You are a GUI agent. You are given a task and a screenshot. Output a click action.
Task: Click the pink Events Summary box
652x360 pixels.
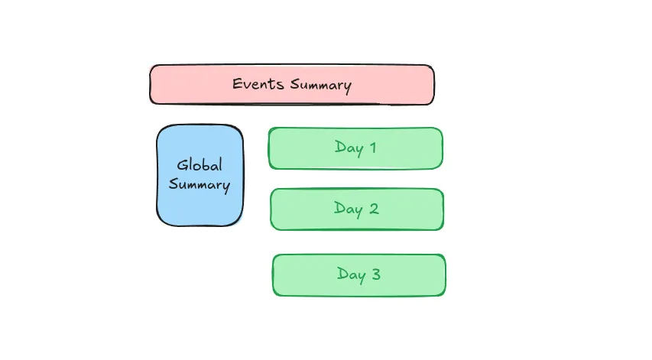point(292,85)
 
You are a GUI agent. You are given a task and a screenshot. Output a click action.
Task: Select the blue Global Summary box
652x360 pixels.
point(200,176)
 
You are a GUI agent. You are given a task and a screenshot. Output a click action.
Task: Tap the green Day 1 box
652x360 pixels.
point(355,148)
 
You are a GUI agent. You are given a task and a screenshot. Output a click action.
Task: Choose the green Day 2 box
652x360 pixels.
point(357,209)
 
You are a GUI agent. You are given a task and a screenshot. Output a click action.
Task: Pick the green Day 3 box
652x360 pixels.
point(358,275)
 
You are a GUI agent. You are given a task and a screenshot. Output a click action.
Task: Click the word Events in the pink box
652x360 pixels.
point(258,83)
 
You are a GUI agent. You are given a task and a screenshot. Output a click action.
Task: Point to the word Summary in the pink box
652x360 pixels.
point(321,85)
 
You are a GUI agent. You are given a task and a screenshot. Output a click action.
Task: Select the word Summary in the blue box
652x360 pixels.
point(199,185)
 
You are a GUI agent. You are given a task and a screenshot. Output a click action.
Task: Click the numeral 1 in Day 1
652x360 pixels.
point(372,148)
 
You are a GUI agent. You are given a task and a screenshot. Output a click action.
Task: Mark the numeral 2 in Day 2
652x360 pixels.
point(374,208)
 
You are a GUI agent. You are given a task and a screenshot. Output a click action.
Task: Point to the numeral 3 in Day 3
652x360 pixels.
point(376,274)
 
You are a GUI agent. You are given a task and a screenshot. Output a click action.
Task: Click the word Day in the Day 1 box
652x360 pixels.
point(349,148)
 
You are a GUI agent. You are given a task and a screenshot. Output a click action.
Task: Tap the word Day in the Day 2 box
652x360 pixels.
point(349,209)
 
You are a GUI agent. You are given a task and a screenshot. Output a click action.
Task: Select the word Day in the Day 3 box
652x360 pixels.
point(352,275)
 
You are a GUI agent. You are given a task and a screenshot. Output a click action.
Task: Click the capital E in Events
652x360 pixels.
point(237,83)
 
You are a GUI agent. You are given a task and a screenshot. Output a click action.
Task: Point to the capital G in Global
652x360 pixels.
point(182,165)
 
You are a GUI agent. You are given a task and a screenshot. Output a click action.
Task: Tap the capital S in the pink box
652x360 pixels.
point(295,84)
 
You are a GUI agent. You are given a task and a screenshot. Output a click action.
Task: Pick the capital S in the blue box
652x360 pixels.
point(173,183)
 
